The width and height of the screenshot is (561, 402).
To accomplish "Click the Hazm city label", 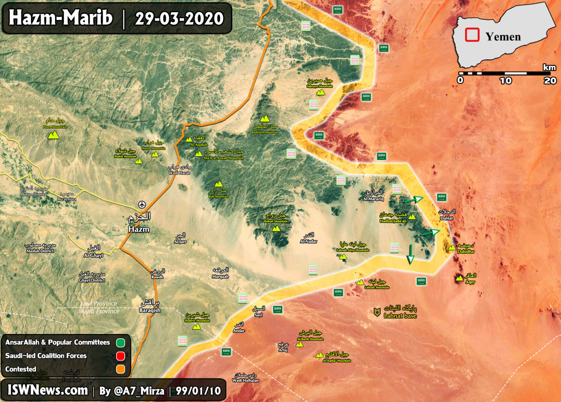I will [139, 229].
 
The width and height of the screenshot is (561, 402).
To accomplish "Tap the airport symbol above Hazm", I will [142, 205].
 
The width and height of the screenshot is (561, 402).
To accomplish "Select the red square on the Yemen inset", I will [472, 35].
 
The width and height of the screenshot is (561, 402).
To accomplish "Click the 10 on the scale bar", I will [505, 81].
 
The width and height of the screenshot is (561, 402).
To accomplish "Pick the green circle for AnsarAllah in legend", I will [121, 343].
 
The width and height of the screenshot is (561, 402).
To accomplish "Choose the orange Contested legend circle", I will [121, 369].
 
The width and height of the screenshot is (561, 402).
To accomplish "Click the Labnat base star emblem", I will [377, 312].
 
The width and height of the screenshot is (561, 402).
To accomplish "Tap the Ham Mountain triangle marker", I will [53, 135].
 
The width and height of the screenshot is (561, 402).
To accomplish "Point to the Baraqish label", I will [150, 310].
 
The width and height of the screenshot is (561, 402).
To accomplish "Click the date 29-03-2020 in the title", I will [179, 18].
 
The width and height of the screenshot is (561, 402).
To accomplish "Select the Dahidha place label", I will [465, 251].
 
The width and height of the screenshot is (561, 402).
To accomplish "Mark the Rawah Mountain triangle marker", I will [276, 228].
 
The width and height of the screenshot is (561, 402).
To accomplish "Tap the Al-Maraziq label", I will [373, 199].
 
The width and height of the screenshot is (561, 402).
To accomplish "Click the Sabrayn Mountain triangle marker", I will [321, 92].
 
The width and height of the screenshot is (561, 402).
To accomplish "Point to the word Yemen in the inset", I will [503, 37].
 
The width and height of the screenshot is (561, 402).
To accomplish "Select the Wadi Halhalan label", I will [245, 380].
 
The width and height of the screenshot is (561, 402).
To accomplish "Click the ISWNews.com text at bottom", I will [48, 390].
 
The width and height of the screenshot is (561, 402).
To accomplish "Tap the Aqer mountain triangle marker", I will [459, 278].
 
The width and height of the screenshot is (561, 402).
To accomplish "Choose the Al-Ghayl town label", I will [93, 255].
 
